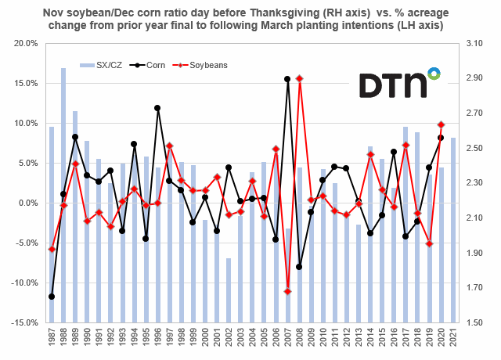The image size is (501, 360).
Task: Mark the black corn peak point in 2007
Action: point(287,79)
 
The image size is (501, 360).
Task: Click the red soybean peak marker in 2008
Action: point(299,78)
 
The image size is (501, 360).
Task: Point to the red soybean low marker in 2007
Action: point(287,291)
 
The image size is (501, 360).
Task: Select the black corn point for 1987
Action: point(52,297)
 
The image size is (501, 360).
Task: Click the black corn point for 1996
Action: point(157,108)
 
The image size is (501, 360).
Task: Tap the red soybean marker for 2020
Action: point(441,124)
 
